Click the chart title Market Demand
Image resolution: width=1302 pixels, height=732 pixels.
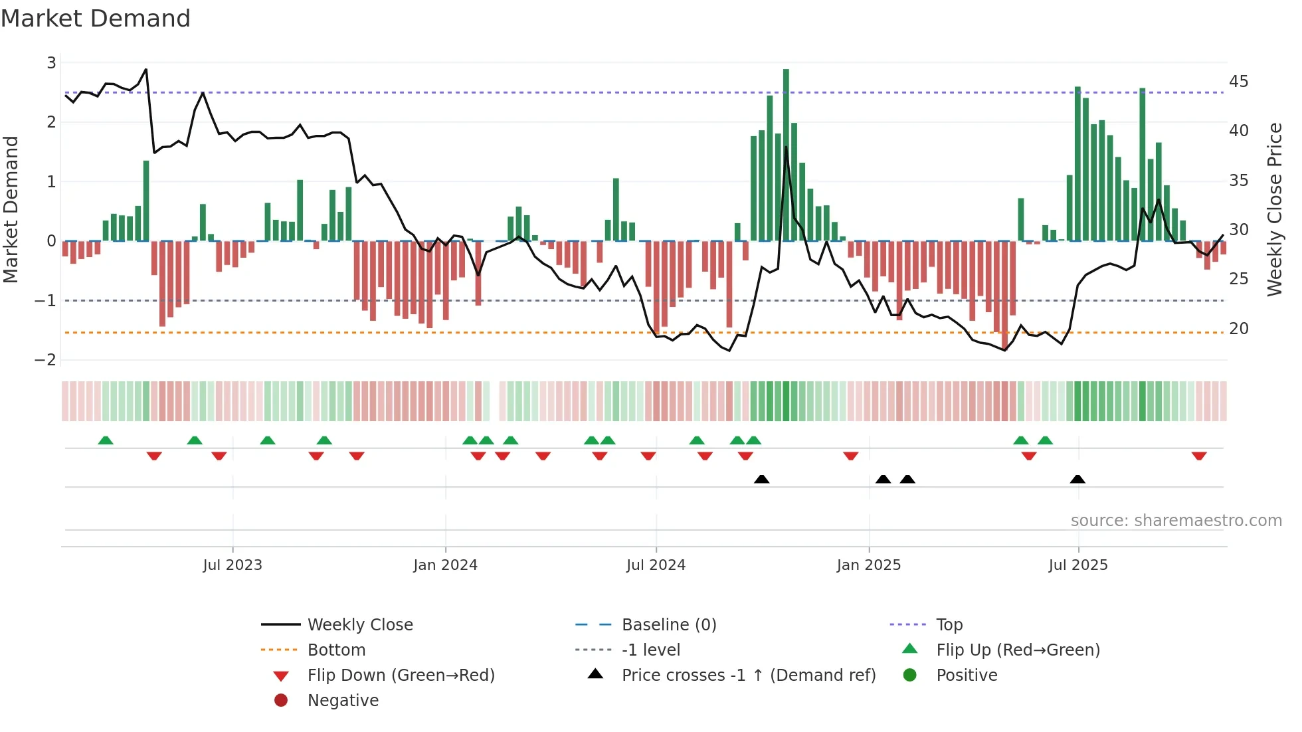[96, 19]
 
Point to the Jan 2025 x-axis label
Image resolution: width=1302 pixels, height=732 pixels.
[868, 565]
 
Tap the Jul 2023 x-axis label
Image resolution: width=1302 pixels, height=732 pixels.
[232, 565]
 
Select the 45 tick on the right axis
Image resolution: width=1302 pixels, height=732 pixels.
[1238, 82]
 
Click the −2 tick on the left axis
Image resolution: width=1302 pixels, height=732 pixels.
[46, 360]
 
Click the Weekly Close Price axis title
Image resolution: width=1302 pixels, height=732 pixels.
[1274, 209]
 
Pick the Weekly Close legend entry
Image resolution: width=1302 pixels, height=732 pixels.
[359, 625]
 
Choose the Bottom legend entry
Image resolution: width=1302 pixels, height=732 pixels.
[336, 650]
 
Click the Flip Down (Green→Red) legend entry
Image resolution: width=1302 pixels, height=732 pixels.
[401, 676]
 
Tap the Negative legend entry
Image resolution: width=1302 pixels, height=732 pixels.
[343, 701]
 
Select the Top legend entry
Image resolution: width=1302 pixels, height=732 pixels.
[949, 625]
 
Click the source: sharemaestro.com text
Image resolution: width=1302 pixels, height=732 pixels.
[1176, 521]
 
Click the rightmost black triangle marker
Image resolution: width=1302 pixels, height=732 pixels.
[1077, 480]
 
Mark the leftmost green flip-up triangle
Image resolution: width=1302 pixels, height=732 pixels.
[106, 440]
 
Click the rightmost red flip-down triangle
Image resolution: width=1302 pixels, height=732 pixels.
[1199, 456]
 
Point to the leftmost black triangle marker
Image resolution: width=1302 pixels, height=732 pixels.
[762, 480]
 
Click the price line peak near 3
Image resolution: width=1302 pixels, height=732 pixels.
[146, 69]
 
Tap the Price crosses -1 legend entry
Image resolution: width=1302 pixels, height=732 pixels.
[748, 676]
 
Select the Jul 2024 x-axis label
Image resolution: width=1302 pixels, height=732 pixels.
[656, 565]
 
